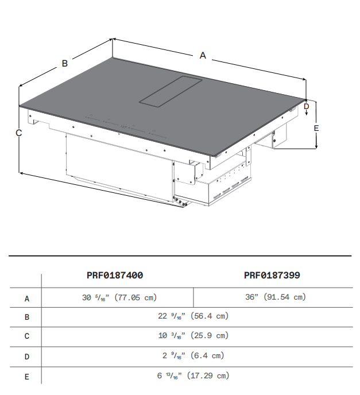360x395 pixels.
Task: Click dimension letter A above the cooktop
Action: pos(203,56)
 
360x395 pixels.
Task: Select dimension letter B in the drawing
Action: pos(65,63)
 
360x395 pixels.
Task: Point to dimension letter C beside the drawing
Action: pos(19,133)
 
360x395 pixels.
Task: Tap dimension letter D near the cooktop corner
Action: pos(307,106)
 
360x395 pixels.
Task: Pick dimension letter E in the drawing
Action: pos(316,128)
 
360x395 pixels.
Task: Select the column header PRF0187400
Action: pos(115,275)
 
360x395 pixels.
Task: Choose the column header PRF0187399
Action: pos(272,275)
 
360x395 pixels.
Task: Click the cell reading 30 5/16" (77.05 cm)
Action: pos(119,297)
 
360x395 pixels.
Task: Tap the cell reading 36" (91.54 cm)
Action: pos(276,297)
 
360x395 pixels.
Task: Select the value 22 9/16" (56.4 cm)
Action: pos(193,316)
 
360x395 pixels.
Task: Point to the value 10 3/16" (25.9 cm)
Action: pos(193,335)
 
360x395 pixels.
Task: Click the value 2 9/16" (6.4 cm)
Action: pos(193,355)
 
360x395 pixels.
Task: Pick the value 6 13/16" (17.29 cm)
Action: pos(193,375)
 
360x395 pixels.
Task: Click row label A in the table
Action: pos(27,299)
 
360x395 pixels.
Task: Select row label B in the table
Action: pos(27,317)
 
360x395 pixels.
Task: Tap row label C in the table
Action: pos(27,336)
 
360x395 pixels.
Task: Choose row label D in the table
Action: pos(27,357)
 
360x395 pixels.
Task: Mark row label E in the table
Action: pos(27,377)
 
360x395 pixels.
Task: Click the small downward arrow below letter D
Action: pos(307,113)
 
